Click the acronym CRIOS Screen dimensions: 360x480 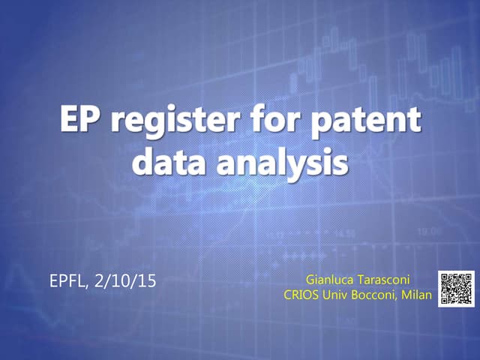(301, 295)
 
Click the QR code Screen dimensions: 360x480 (457, 288)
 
